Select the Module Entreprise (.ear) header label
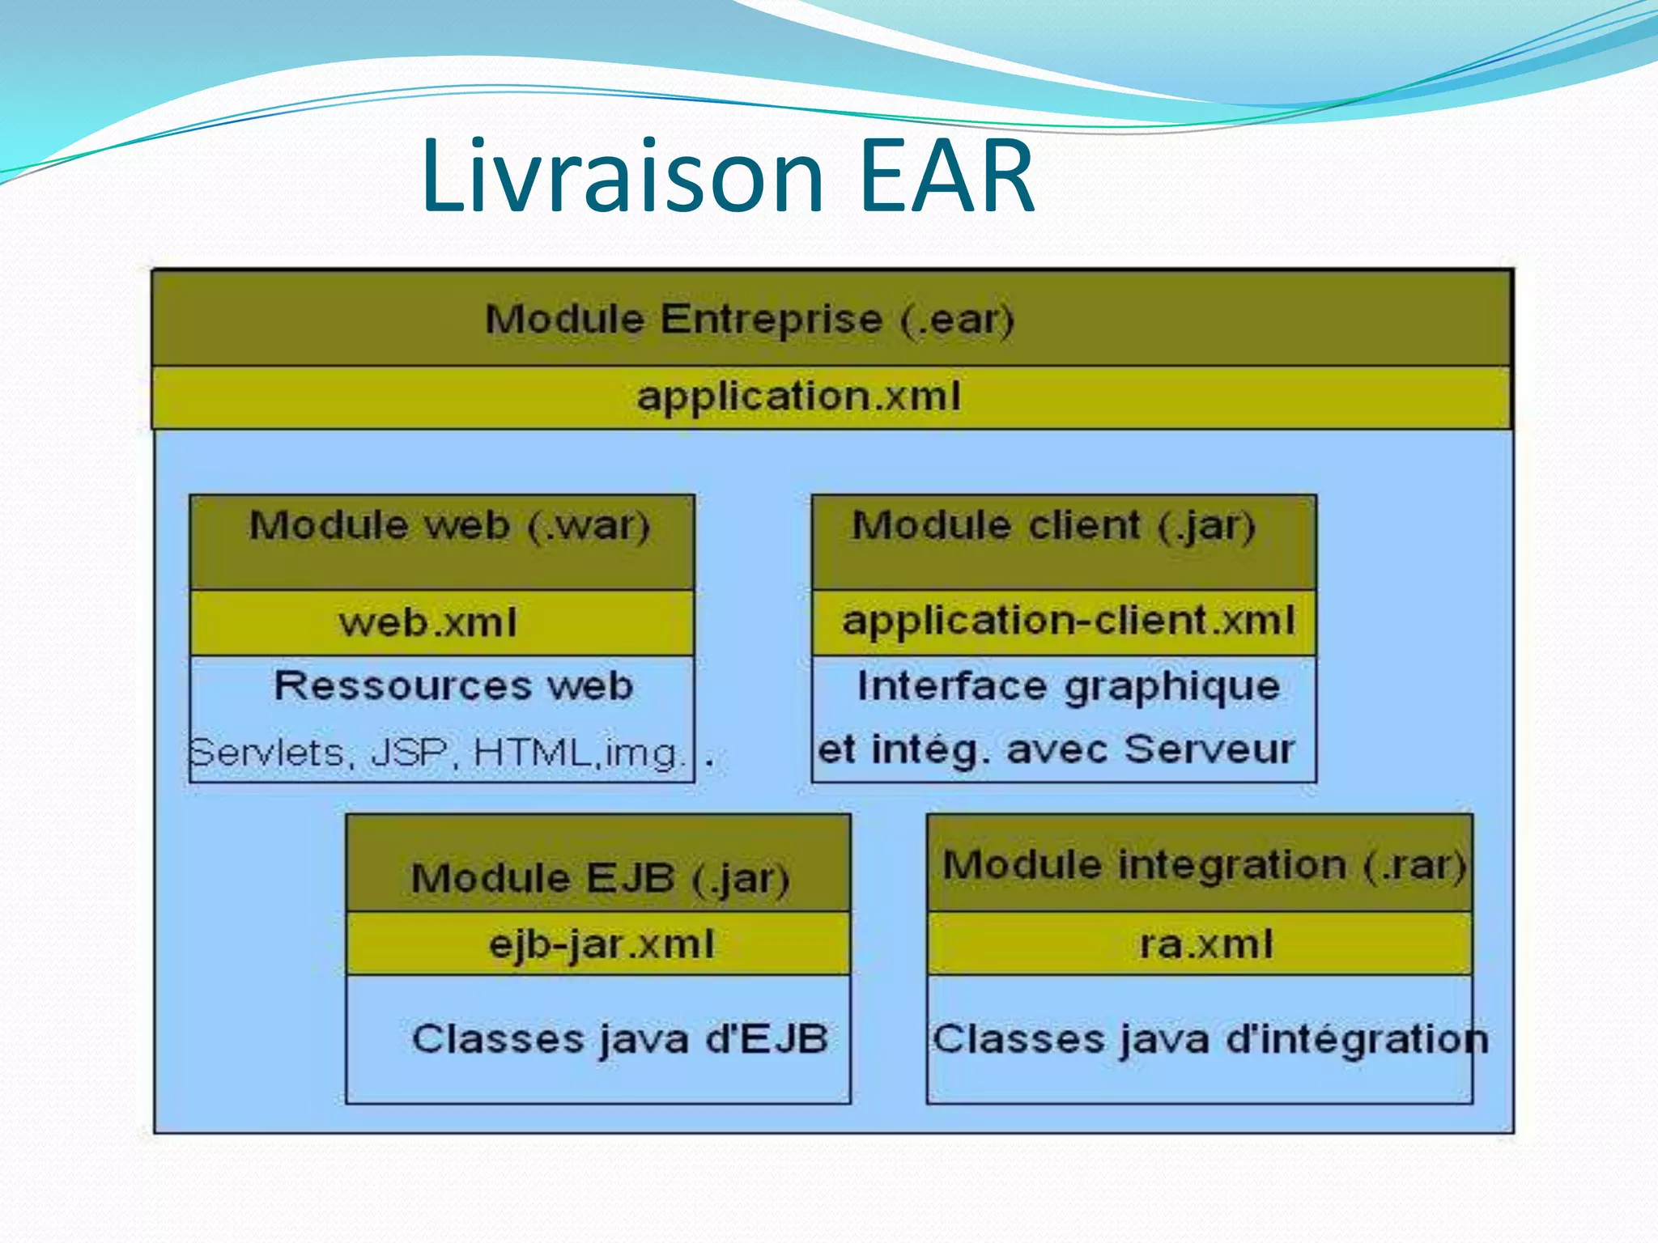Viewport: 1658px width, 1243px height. point(749,319)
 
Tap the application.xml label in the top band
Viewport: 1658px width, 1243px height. point(798,397)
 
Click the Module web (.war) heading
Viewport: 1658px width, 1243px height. point(449,526)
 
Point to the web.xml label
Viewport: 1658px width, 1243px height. point(427,622)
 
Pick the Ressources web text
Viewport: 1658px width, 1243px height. point(453,685)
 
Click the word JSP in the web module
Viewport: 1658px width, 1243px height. point(410,753)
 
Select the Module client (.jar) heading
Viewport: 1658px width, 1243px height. point(1052,526)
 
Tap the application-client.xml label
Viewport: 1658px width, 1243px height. point(1068,621)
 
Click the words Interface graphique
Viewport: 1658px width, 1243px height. point(1068,686)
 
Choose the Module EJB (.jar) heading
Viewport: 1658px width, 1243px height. point(599,879)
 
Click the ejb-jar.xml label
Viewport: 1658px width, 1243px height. point(602,944)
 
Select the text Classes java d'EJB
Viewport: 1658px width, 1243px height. point(619,1039)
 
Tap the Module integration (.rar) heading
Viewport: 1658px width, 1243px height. point(1204,865)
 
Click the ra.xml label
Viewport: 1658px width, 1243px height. point(1205,944)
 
